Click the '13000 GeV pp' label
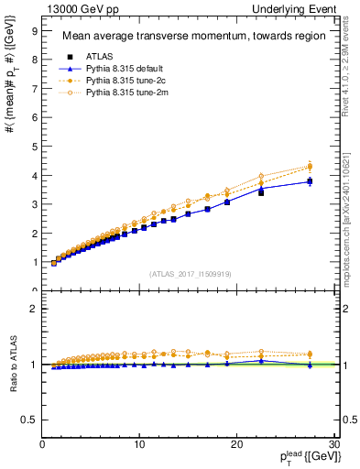coord(81,7)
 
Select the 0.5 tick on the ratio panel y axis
coord(29,419)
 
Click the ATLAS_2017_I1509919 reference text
coord(190,273)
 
